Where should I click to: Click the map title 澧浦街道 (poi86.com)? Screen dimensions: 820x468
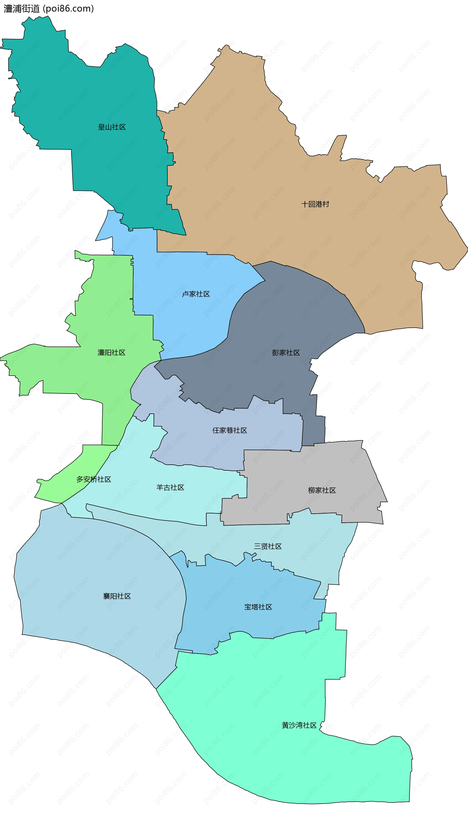[49, 9]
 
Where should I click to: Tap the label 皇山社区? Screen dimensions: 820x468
[112, 127]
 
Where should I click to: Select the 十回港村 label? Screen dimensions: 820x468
[315, 204]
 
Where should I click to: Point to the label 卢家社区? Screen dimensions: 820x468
[196, 294]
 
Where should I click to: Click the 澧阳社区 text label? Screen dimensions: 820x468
[112, 353]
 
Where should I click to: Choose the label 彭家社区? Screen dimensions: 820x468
[286, 353]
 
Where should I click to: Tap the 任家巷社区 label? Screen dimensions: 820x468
[230, 430]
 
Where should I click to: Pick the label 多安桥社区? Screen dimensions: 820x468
[94, 479]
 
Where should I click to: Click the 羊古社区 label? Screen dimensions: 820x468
[170, 488]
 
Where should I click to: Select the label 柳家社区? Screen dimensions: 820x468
[322, 490]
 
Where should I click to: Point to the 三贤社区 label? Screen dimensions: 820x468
[268, 546]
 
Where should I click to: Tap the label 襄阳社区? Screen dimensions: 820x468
[117, 596]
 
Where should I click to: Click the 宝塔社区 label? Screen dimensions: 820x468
[258, 607]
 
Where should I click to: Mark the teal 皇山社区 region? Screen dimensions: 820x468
[97, 97]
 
